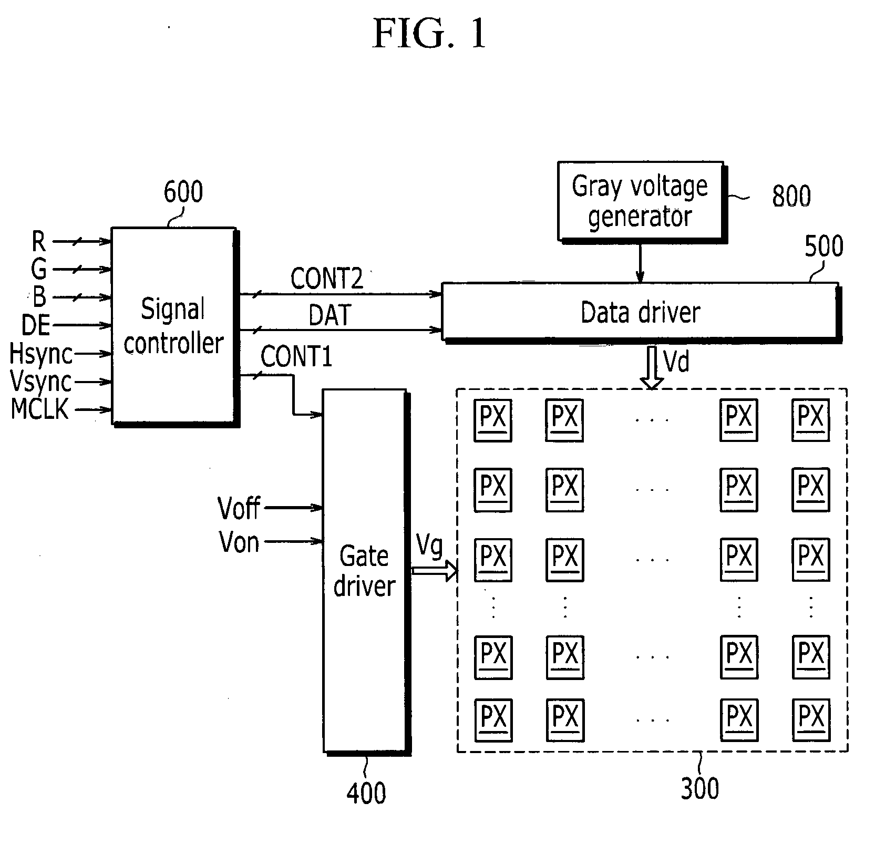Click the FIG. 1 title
[429, 34]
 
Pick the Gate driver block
[366, 572]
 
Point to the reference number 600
[183, 192]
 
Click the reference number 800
[791, 196]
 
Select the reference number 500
[823, 246]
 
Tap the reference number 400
[366, 792]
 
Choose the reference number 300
[699, 788]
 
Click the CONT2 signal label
[327, 279]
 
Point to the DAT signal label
[330, 315]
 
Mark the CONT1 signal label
[296, 357]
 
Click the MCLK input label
[40, 409]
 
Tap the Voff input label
[239, 508]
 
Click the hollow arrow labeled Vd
[652, 368]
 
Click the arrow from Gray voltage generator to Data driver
[640, 263]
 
